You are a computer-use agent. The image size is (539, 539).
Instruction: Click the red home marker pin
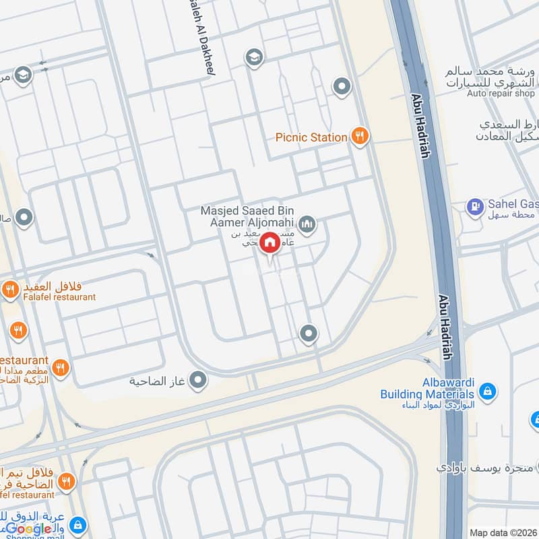pyautogui.click(x=269, y=243)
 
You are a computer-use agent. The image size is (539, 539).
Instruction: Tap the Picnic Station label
pyautogui.click(x=311, y=137)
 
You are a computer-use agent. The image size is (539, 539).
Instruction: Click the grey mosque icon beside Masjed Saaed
pyautogui.click(x=307, y=224)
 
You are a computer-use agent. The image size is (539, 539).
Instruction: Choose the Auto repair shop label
pyautogui.click(x=501, y=94)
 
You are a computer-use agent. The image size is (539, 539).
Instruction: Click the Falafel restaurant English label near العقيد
pyautogui.click(x=57, y=296)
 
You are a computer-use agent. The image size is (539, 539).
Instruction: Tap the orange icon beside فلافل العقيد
pyautogui.click(x=10, y=290)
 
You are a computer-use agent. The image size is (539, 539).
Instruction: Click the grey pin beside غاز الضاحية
pyautogui.click(x=198, y=381)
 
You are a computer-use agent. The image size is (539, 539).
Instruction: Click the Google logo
pyautogui.click(x=28, y=529)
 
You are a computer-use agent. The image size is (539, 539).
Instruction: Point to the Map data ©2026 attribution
pyautogui.click(x=502, y=532)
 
